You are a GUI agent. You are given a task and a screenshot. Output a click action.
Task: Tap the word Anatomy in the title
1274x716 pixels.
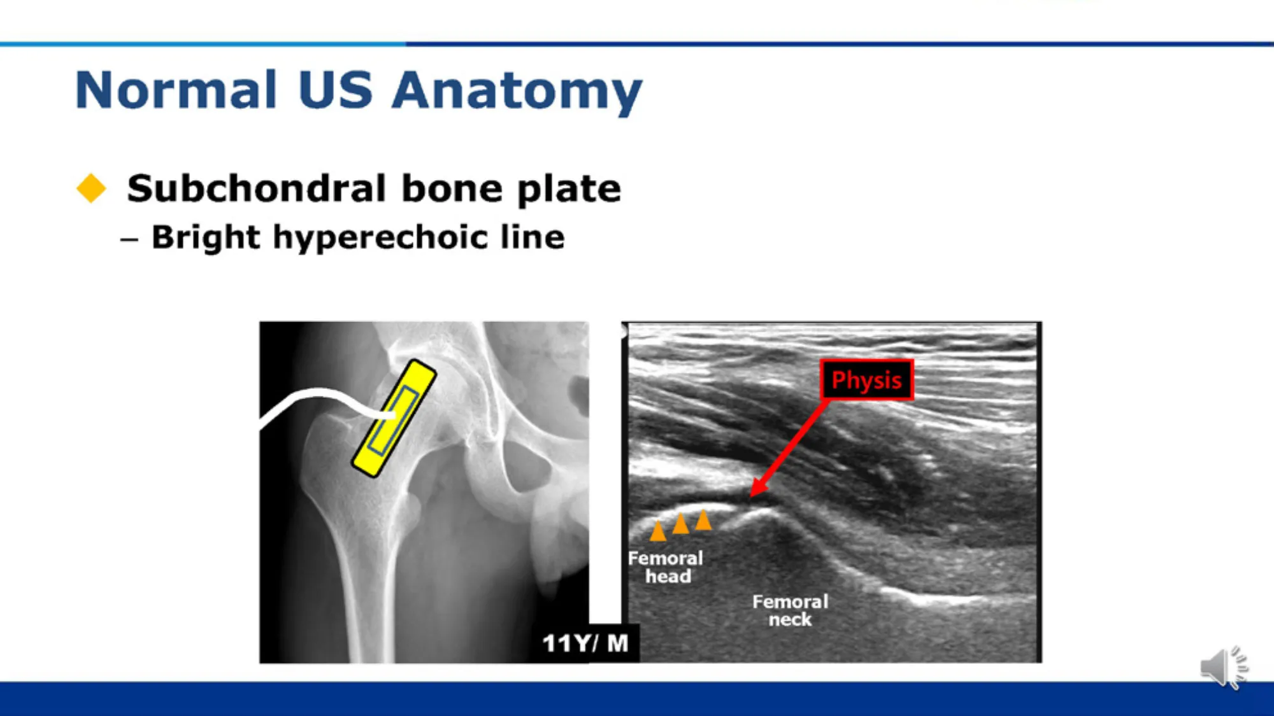(517, 92)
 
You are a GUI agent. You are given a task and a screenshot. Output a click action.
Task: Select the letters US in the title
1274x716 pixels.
(335, 90)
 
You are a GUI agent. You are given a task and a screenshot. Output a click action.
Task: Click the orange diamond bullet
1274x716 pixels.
(91, 188)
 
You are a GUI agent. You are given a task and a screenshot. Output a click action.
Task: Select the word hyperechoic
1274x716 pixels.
(381, 237)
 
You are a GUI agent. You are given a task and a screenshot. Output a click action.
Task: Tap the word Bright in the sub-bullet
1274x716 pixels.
(206, 237)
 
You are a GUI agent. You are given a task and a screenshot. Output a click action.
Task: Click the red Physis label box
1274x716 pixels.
(866, 380)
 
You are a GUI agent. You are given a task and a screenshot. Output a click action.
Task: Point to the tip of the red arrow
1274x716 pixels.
(751, 496)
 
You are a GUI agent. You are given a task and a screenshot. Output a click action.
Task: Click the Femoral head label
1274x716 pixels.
(666, 567)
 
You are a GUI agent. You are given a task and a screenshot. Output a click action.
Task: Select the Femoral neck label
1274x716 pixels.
(791, 610)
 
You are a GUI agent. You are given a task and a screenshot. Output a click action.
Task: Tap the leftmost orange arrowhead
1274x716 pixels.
(657, 531)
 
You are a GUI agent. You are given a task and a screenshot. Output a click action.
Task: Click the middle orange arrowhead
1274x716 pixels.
(680, 523)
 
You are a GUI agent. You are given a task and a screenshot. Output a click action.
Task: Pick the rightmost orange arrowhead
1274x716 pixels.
(703, 519)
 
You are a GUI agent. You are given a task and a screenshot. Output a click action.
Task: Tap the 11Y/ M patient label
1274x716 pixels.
(585, 643)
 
